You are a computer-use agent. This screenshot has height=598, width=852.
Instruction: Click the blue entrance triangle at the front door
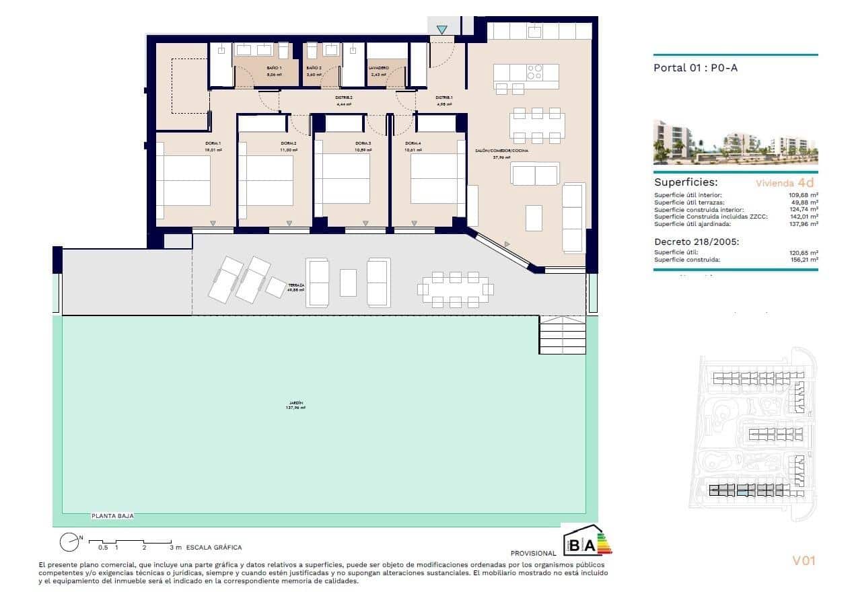click(x=441, y=30)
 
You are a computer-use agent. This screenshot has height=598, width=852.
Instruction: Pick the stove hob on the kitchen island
click(x=535, y=71)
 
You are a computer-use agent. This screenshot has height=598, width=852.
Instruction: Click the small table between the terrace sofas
click(x=348, y=283)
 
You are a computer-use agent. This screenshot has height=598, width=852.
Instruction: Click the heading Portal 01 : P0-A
click(x=690, y=68)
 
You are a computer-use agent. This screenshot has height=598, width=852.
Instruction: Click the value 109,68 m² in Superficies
click(x=804, y=195)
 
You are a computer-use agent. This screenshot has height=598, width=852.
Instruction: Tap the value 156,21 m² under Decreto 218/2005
click(x=804, y=259)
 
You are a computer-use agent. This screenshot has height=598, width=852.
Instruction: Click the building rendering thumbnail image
click(x=736, y=143)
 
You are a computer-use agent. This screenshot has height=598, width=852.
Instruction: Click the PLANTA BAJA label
click(x=112, y=516)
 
